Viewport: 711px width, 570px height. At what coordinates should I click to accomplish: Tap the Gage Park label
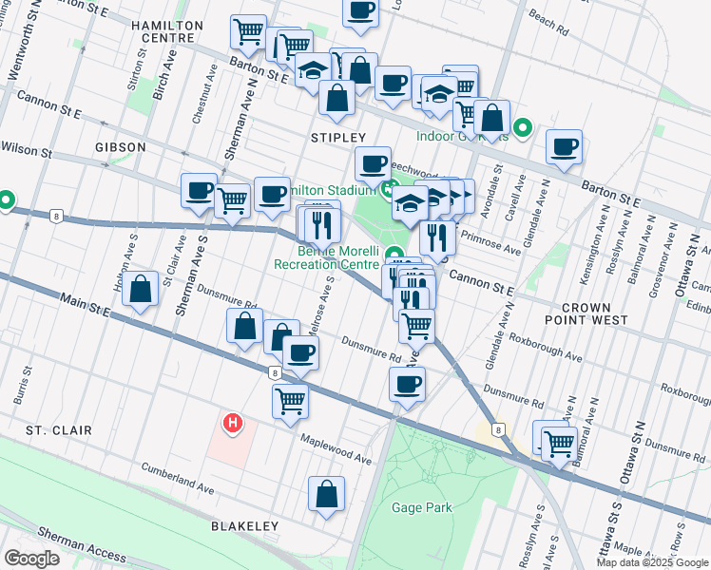click(421, 507)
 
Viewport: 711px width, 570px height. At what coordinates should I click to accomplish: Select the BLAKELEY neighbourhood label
click(245, 526)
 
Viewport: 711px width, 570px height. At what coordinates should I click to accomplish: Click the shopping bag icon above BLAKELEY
click(326, 494)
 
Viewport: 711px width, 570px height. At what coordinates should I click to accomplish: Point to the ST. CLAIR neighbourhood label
click(59, 430)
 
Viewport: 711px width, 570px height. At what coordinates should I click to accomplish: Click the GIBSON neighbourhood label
click(121, 147)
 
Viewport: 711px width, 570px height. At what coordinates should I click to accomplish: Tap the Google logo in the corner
click(31, 558)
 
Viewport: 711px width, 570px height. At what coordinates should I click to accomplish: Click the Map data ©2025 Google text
click(653, 562)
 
